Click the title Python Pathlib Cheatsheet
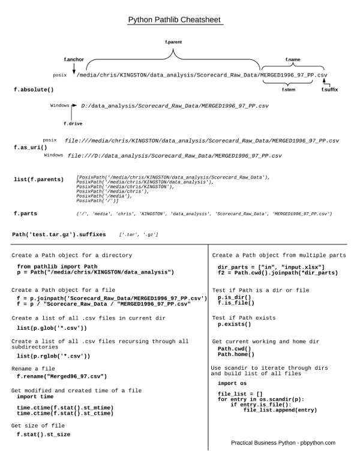coord(176,20)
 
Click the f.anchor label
coord(74,60)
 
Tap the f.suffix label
coord(329,89)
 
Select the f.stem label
coord(289,89)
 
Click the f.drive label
coord(73,123)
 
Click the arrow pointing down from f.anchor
coord(74,68)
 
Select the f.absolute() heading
coord(34,89)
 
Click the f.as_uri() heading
coord(31,147)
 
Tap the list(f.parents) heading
coord(38,179)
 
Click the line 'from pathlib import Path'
coord(57,266)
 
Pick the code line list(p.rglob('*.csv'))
coord(53,355)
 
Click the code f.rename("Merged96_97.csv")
coord(61,376)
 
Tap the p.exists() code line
coord(234,324)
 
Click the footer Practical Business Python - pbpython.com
coord(283,442)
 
